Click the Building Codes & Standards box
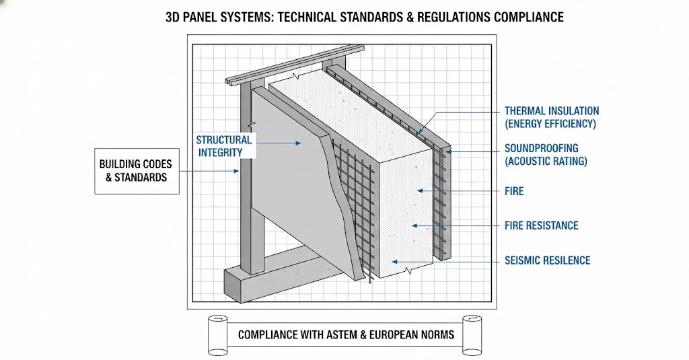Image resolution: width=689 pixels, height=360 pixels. click(137, 170)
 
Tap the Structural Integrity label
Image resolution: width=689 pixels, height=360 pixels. click(223, 146)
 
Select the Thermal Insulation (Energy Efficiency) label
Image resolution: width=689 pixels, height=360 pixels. click(551, 117)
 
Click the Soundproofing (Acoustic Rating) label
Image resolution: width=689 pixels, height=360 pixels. click(546, 154)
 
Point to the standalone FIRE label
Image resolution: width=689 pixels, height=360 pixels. click(514, 191)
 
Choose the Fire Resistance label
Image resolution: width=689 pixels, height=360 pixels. click(541, 225)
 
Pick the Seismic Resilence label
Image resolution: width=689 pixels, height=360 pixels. click(547, 260)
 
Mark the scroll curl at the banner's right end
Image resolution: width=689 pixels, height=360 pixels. click(472, 334)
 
